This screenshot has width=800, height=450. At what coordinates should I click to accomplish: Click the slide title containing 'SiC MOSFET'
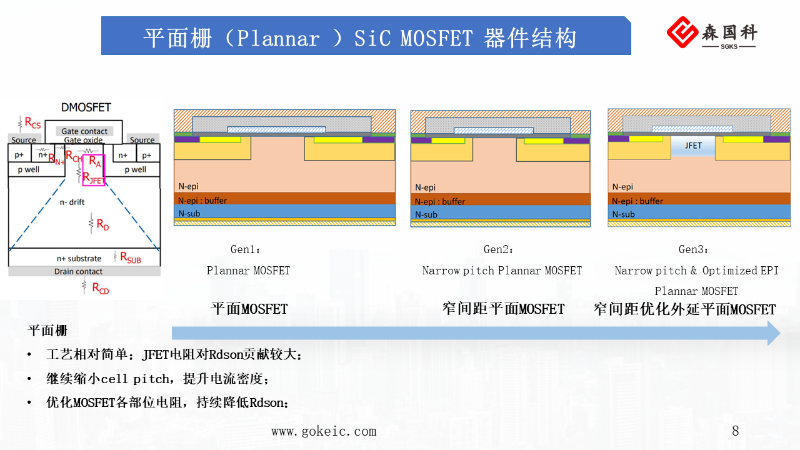[359, 38]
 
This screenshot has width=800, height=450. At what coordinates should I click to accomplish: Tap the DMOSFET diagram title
[86, 107]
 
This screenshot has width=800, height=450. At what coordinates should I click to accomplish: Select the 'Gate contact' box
[84, 131]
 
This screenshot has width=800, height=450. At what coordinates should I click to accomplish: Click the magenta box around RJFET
[94, 169]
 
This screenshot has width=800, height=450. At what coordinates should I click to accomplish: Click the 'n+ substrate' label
[79, 258]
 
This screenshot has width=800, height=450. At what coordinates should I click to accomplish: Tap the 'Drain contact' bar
[79, 272]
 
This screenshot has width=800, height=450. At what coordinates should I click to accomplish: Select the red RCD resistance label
[100, 288]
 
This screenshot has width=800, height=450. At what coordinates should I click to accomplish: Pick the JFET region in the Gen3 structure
[693, 146]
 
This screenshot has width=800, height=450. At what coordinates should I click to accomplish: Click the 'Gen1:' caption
[246, 249]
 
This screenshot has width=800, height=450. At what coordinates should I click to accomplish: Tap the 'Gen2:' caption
[499, 249]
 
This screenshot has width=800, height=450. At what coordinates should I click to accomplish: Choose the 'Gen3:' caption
[694, 249]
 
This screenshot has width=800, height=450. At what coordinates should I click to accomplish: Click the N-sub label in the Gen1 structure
[189, 213]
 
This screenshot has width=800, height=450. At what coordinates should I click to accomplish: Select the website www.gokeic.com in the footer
[324, 431]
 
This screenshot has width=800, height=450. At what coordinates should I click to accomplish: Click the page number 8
[736, 431]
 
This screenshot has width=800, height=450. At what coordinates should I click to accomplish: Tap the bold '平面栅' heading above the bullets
[47, 331]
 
